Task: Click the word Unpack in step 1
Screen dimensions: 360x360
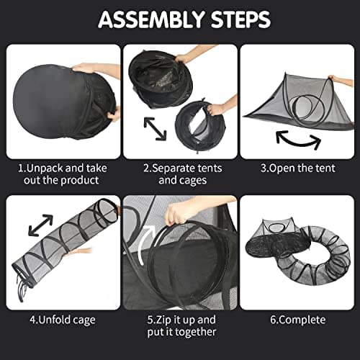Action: (50, 168)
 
